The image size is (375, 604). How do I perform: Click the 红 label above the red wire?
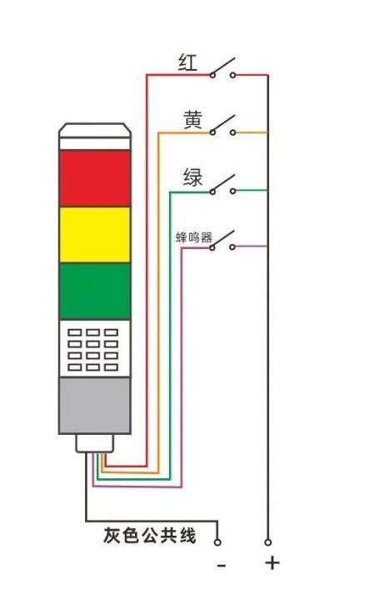click(x=187, y=62)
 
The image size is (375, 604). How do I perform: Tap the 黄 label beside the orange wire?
click(x=192, y=119)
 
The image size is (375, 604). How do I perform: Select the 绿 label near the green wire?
click(x=192, y=177)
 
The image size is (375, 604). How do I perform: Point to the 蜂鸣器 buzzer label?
click(x=194, y=237)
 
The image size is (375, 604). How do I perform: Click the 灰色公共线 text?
click(x=150, y=535)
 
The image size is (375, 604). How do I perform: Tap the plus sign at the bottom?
click(x=272, y=563)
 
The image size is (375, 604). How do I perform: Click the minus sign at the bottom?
click(x=221, y=566)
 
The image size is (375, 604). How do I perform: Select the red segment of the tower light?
click(x=95, y=178)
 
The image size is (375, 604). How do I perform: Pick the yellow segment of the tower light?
click(x=95, y=235)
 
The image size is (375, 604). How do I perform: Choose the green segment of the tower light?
click(x=95, y=292)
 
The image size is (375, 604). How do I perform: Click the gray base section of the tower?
click(x=95, y=405)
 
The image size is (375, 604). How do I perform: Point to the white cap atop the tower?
click(x=95, y=137)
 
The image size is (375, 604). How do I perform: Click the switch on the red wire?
click(x=222, y=68)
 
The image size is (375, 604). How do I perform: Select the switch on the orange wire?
click(x=222, y=126)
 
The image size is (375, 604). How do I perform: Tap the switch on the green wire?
click(x=222, y=184)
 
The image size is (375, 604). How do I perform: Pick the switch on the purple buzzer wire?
click(x=222, y=241)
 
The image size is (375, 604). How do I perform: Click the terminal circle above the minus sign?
click(x=217, y=542)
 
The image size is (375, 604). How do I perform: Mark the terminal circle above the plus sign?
click(x=267, y=542)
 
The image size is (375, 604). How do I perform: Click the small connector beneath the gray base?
click(x=95, y=443)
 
